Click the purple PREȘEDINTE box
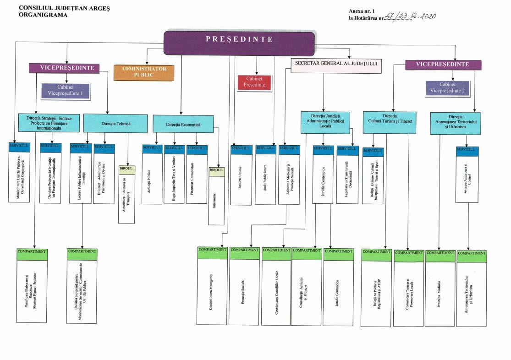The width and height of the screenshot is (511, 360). pos(239,43)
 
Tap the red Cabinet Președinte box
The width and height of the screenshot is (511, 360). pos(254,82)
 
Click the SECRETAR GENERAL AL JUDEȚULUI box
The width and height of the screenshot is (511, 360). pos(336,64)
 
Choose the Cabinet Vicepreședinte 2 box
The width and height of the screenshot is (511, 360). pos(447,88)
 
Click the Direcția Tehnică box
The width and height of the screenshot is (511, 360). pos(115,124)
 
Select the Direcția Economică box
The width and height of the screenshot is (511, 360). pos(183,124)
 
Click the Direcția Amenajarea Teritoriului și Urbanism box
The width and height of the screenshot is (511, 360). pos(455,123)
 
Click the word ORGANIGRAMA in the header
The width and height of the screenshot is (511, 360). pos(43,15)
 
